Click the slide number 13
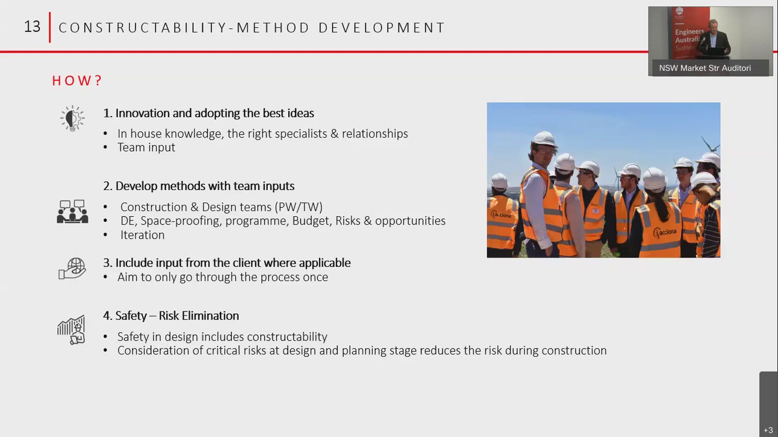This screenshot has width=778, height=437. [x=32, y=27]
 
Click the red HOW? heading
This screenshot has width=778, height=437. [x=77, y=81]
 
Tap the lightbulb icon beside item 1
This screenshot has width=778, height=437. [x=73, y=119]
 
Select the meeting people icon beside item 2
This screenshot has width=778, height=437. [x=73, y=212]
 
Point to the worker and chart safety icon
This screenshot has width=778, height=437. [x=72, y=330]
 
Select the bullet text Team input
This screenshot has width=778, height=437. [x=146, y=147]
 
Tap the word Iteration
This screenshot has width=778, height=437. [x=142, y=235]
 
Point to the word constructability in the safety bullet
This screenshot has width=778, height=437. [x=287, y=337]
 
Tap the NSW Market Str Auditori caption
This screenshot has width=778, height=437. [x=705, y=68]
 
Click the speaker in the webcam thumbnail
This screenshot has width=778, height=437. [x=716, y=36]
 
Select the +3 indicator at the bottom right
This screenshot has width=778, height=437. [x=768, y=430]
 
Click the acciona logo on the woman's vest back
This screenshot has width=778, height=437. [x=665, y=233]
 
